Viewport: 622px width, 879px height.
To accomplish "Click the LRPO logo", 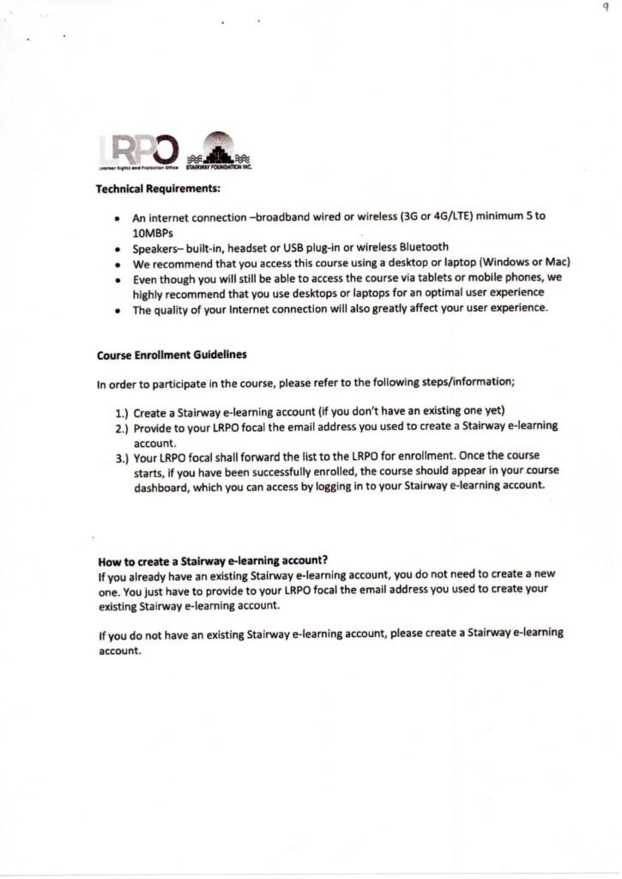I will tap(137, 149).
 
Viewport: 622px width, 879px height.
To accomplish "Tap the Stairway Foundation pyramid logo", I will tap(218, 149).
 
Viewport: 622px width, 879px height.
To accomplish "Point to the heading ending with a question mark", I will tap(214, 561).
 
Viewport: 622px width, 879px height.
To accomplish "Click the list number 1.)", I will tap(123, 412).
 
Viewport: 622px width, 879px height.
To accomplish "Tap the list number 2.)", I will tap(123, 427).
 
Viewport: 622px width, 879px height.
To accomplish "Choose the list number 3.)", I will tap(123, 456).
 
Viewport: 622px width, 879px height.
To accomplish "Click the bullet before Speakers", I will tap(116, 248).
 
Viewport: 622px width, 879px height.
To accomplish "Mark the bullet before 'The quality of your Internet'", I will tap(116, 310).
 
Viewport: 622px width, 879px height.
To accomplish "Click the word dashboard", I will tap(163, 485).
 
